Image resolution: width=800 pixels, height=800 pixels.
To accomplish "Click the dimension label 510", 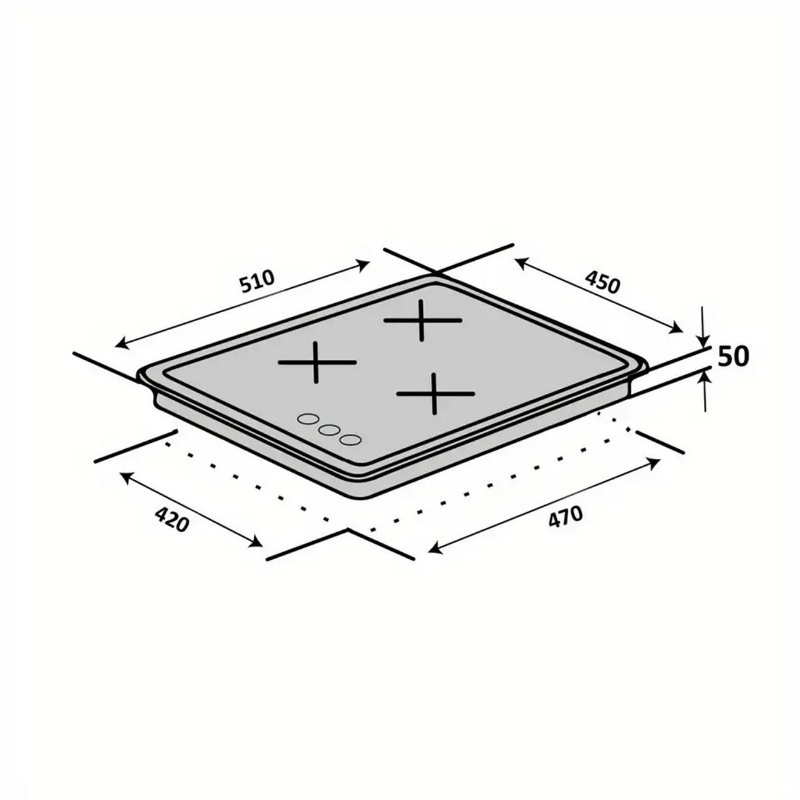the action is tap(257, 281).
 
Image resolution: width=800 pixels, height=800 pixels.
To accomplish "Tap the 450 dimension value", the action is tap(603, 282).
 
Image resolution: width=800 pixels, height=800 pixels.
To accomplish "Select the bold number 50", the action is tap(734, 356).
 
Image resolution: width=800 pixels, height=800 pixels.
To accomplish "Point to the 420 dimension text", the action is tap(172, 519).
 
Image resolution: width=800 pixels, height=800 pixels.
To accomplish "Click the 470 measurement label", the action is tap(565, 516).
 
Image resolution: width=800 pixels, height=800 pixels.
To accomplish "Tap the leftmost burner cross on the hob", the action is tap(317, 362).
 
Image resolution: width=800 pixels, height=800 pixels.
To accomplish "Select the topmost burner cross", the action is tap(422, 320).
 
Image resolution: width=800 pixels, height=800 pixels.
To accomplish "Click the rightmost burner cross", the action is tap(435, 393).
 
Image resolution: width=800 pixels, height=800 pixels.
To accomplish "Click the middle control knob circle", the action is tap(329, 430).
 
